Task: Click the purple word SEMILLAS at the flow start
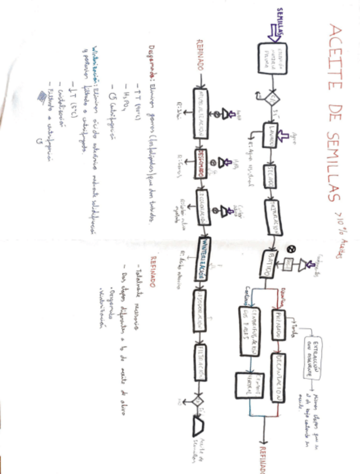[280, 22]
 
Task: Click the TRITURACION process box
[269, 216]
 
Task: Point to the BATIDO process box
[268, 263]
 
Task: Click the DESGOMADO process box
[200, 163]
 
